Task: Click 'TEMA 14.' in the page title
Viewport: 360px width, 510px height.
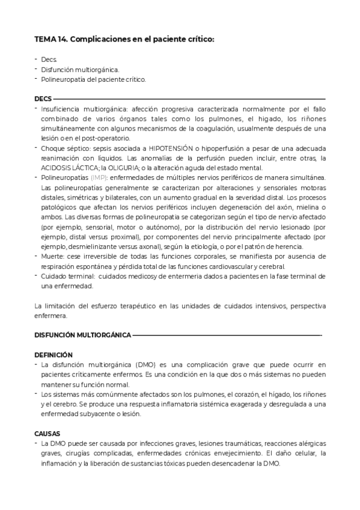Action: point(50,39)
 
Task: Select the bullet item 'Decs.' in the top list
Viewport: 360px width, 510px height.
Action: point(49,60)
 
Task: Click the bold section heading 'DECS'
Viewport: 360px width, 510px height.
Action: point(43,99)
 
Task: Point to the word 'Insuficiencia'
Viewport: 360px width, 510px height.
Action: point(60,109)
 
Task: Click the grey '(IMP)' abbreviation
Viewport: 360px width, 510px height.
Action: point(99,177)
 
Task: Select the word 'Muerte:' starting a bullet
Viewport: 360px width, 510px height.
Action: point(53,256)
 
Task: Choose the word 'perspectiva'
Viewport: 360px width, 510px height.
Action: point(303,306)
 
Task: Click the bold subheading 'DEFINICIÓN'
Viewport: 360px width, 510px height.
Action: point(53,355)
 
